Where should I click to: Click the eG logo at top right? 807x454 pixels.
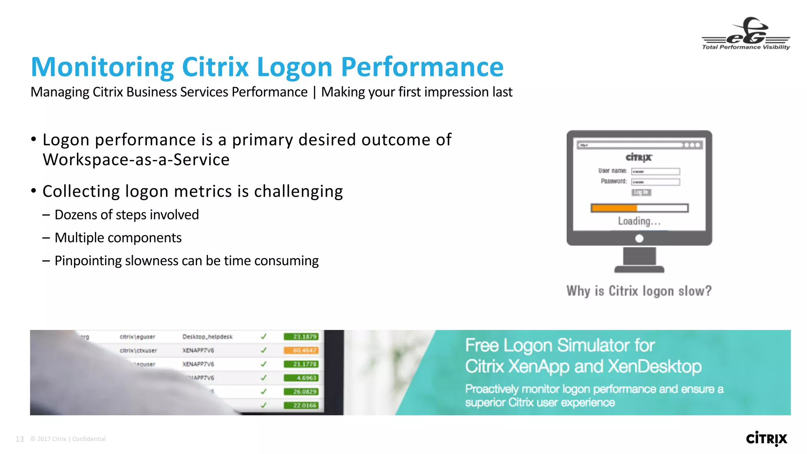tap(746, 34)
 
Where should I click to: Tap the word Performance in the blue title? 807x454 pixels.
tap(422, 67)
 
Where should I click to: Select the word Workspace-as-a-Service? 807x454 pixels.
tap(136, 160)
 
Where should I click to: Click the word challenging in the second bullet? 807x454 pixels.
tap(298, 192)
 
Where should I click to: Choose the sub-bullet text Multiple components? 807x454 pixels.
tap(118, 238)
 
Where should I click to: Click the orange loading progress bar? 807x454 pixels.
tap(614, 208)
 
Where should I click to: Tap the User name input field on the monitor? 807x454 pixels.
tap(656, 171)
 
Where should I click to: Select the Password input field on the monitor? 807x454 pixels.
tap(656, 182)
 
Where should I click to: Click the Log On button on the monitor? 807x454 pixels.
tap(641, 192)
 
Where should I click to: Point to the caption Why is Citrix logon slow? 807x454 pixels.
tap(639, 291)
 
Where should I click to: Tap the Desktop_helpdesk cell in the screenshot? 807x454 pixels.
tap(207, 337)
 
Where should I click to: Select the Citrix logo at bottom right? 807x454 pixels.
tap(766, 439)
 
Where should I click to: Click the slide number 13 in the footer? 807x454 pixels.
tap(20, 439)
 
